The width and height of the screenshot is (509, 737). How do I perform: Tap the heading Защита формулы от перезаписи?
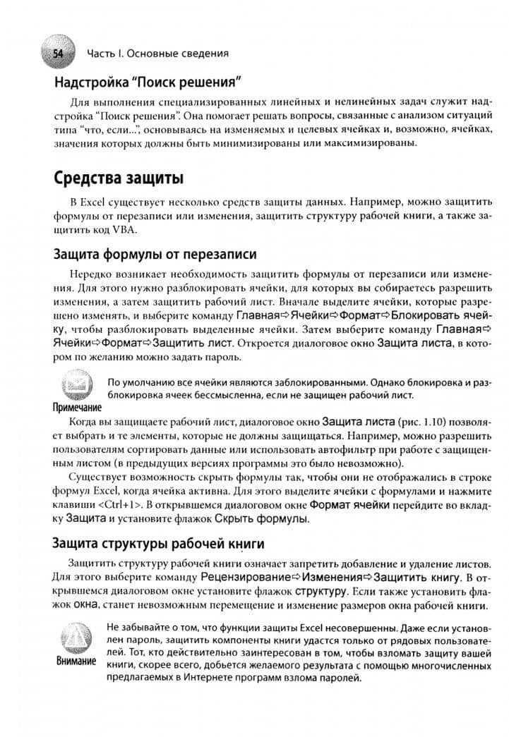tap(155, 255)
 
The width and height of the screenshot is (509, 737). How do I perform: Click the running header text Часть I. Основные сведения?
tap(157, 53)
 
